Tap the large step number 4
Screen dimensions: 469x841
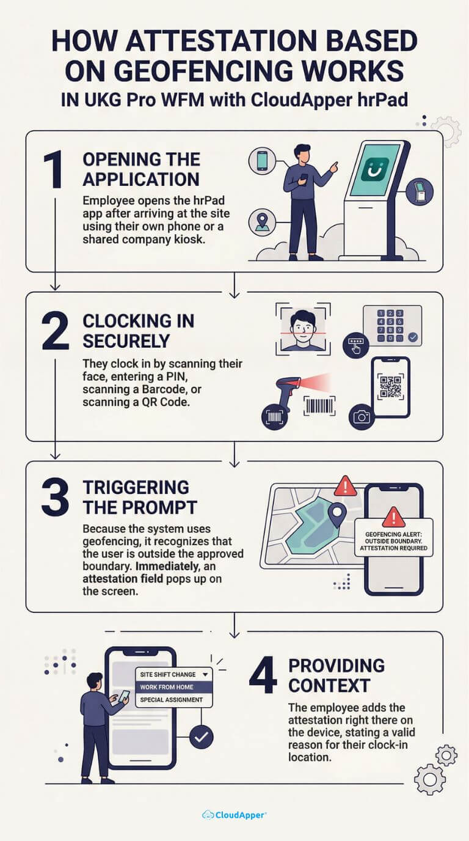click(263, 676)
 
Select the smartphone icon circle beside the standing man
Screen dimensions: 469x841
click(262, 161)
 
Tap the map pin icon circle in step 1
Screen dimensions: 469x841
click(262, 222)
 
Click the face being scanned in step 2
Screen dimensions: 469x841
click(303, 329)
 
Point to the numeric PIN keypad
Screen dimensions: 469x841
click(392, 326)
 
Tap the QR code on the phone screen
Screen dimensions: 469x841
click(391, 386)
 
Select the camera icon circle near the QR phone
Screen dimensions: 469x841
click(362, 417)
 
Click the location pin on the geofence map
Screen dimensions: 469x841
click(337, 515)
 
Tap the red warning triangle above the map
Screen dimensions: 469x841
click(345, 487)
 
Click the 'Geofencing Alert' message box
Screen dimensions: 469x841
click(394, 537)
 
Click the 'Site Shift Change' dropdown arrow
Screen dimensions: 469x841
click(205, 674)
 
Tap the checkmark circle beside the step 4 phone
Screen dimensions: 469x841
click(202, 737)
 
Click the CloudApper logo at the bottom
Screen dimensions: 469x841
click(234, 815)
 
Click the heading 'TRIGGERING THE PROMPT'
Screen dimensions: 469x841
click(140, 498)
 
